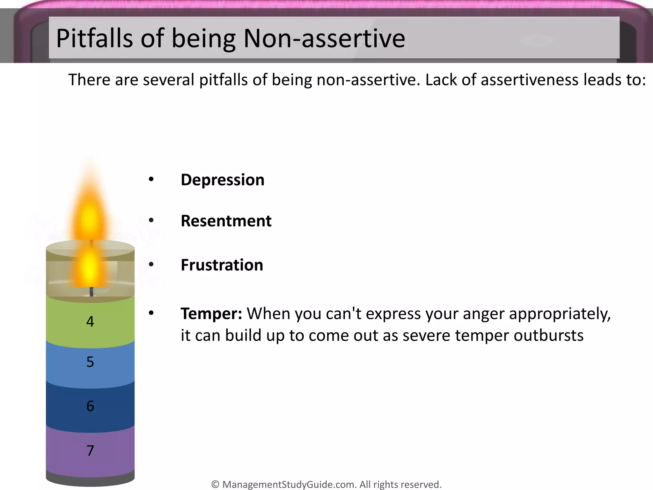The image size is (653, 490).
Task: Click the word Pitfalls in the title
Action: pyautogui.click(x=94, y=38)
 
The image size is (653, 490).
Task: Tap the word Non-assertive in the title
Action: pyautogui.click(x=324, y=38)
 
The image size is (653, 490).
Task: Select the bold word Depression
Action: pyautogui.click(x=222, y=180)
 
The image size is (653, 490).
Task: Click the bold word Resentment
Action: pyautogui.click(x=226, y=221)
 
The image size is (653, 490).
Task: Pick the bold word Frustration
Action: pyautogui.click(x=222, y=265)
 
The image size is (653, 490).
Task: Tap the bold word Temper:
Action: pyautogui.click(x=211, y=314)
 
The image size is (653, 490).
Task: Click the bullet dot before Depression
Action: pyautogui.click(x=151, y=179)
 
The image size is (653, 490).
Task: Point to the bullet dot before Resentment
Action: pyautogui.click(x=151, y=220)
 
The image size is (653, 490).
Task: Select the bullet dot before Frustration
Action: pyautogui.click(x=151, y=264)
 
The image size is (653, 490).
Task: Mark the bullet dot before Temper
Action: pyautogui.click(x=151, y=313)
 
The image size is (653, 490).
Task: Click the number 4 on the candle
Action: pyautogui.click(x=90, y=322)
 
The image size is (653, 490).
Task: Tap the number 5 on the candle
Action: pyautogui.click(x=90, y=362)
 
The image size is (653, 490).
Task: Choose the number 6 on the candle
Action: pyautogui.click(x=90, y=406)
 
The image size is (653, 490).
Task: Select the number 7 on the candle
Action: pyautogui.click(x=90, y=450)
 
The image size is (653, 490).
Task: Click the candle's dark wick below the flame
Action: pyautogui.click(x=92, y=292)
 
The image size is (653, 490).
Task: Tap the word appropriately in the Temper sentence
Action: pyautogui.click(x=560, y=314)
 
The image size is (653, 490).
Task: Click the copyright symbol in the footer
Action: pyautogui.click(x=215, y=485)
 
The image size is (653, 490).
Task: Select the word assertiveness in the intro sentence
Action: pyautogui.click(x=529, y=80)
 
